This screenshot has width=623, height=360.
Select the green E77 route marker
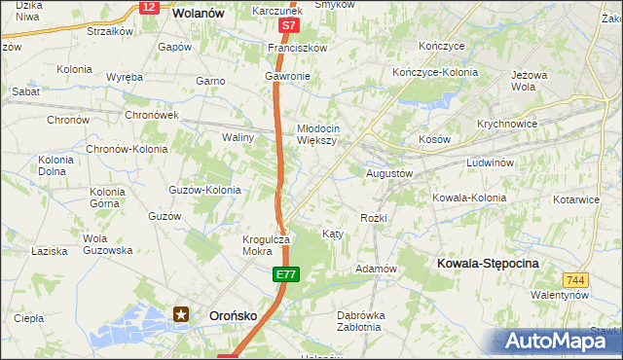pos(284,277)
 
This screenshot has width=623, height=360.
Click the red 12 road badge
pos(148,7)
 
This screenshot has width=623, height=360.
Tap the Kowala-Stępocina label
pos(489,264)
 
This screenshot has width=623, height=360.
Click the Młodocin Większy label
pos(317,134)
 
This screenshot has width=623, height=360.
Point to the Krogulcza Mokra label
pos(266,244)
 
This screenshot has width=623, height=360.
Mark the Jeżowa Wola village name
pos(523,80)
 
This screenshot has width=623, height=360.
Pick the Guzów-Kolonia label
pos(204,190)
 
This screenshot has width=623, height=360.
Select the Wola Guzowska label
pos(107,244)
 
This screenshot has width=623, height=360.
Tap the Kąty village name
pos(332,234)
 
